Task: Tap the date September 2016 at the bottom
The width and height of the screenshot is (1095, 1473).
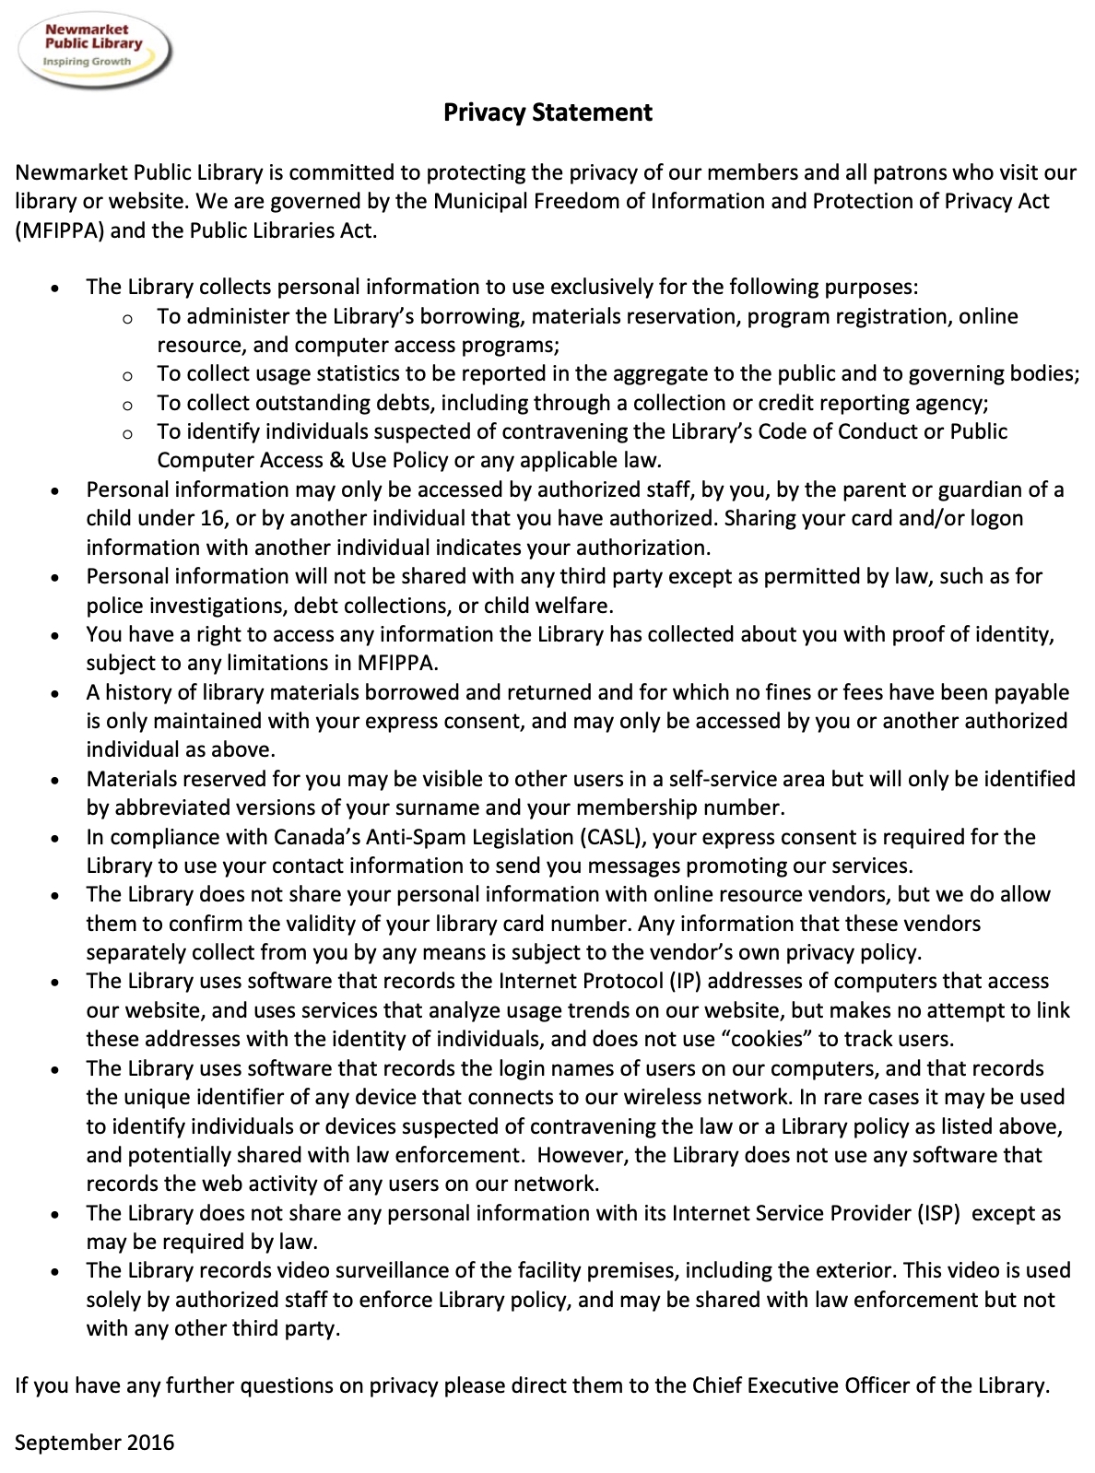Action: tap(94, 1442)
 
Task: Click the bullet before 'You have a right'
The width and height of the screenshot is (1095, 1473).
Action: tap(57, 636)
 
